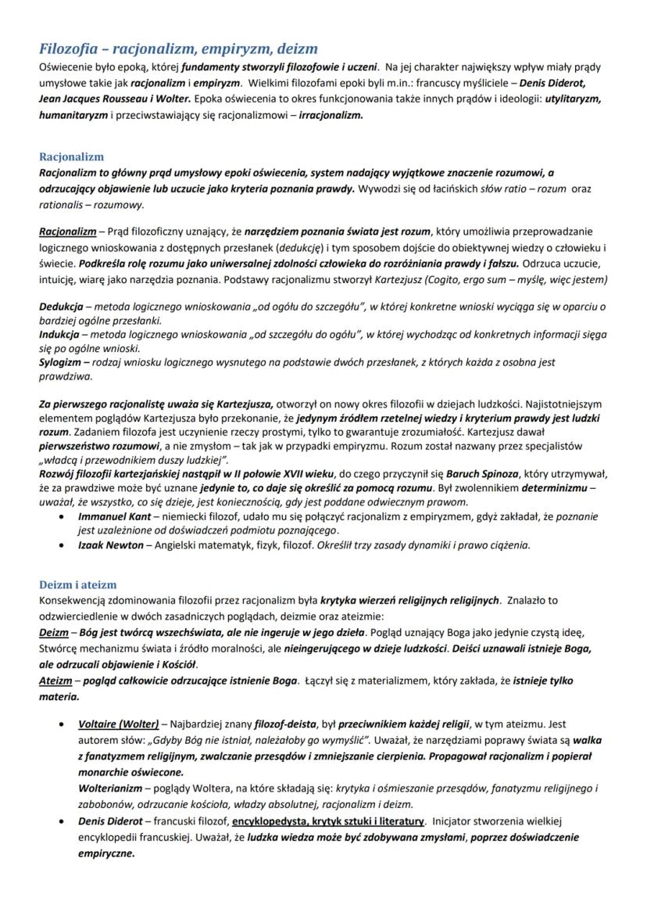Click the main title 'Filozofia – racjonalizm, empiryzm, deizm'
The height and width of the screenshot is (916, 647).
pos(179,50)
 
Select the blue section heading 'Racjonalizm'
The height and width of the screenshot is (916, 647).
pos(71,156)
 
